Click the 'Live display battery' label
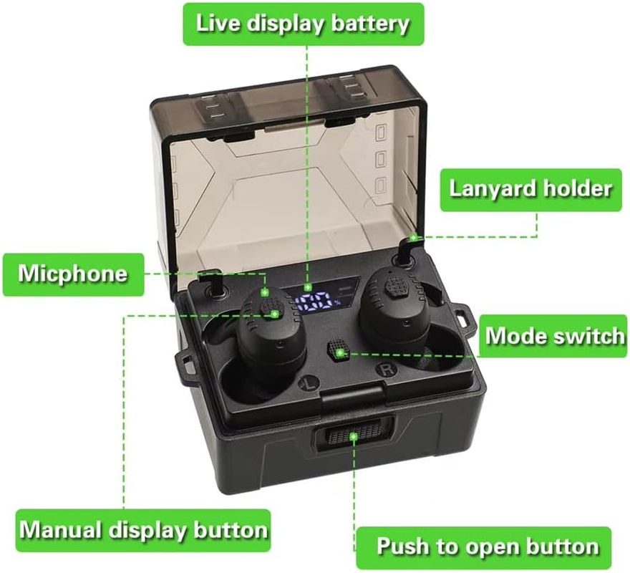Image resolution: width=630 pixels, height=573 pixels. click(304, 24)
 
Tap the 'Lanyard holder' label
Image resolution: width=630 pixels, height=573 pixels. click(530, 189)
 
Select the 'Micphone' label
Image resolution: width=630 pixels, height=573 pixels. click(73, 274)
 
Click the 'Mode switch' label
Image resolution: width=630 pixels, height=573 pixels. click(553, 336)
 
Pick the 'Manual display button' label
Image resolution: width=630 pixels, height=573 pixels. click(143, 530)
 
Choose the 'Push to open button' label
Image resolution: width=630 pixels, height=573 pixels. click(484, 547)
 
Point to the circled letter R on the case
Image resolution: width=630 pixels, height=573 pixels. click(386, 370)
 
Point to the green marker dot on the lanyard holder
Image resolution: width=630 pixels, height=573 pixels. click(413, 238)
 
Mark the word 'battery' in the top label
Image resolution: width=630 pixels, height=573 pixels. click(370, 24)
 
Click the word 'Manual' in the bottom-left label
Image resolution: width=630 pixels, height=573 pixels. click(62, 530)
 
